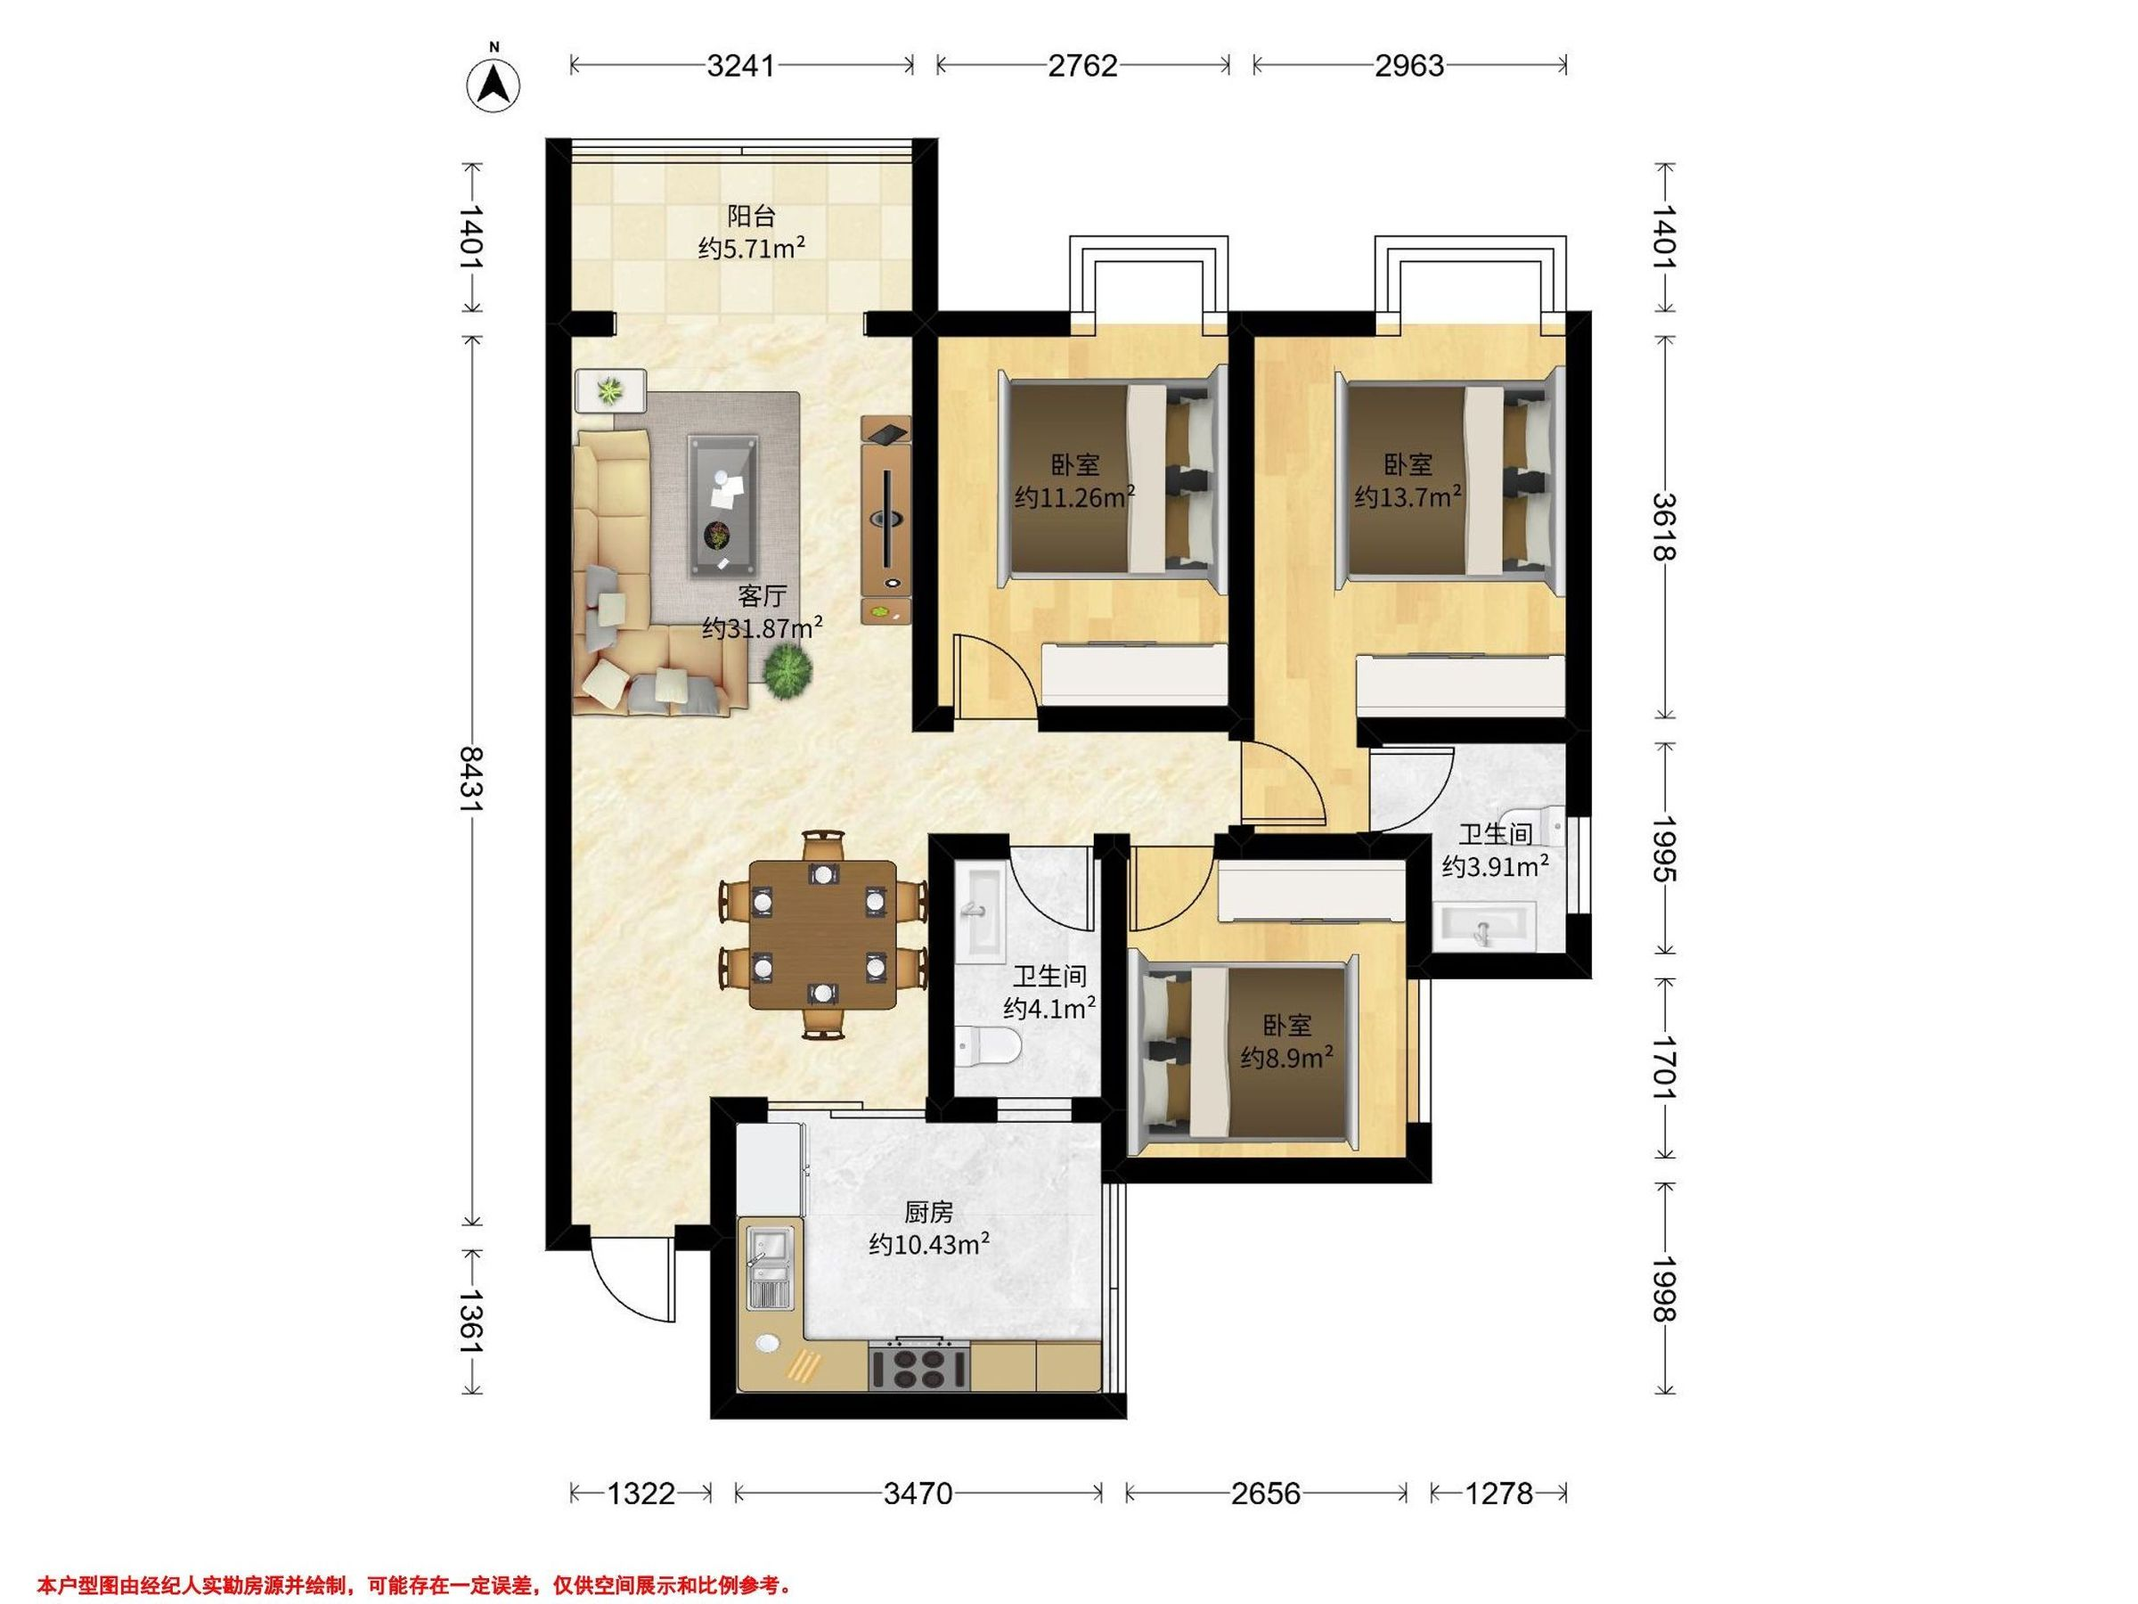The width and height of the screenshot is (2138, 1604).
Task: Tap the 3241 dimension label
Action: [x=740, y=65]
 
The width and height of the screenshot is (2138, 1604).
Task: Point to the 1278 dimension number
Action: [x=1498, y=1494]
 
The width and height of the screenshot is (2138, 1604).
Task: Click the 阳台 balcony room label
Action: [x=751, y=216]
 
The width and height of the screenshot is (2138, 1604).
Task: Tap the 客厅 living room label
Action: [x=762, y=594]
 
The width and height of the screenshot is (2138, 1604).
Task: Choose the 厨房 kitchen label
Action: [x=928, y=1211]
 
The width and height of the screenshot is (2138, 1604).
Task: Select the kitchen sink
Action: [x=770, y=1267]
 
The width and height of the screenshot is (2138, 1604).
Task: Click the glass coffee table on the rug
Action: [x=724, y=505]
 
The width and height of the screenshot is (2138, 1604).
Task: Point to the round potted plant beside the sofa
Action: [x=787, y=669]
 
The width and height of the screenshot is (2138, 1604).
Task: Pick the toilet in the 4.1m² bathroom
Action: [x=987, y=1046]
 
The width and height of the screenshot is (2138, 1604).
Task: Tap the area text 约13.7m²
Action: [x=1408, y=497]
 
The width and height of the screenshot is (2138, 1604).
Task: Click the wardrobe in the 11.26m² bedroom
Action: [x=1134, y=674]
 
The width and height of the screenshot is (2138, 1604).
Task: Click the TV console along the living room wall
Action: [x=885, y=520]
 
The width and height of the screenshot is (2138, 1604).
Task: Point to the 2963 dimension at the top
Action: [x=1409, y=65]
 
